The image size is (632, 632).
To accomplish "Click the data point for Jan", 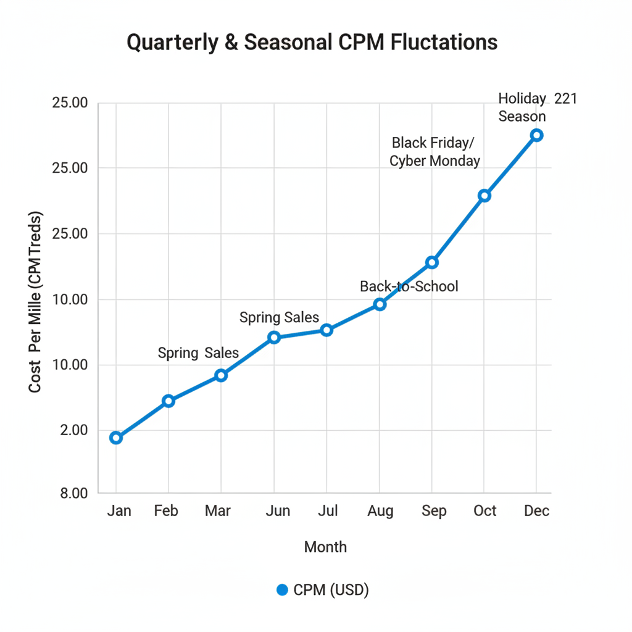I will click(115, 438).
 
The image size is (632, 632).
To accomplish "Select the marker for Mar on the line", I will click(221, 375).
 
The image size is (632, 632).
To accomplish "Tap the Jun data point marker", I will click(274, 337).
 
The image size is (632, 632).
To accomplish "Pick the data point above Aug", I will click(380, 304).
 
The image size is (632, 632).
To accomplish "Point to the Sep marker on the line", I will click(432, 262).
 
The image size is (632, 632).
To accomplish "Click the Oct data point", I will click(484, 196).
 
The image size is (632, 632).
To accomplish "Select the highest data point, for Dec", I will click(537, 135).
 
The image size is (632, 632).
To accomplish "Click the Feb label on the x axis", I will click(166, 511).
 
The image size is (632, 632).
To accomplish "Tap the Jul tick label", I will click(328, 511).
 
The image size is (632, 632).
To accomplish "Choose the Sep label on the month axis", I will click(434, 511).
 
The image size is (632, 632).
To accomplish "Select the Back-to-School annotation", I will click(409, 286).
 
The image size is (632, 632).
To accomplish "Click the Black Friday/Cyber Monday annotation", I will click(434, 152).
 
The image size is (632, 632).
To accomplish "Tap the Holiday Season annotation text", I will click(522, 107).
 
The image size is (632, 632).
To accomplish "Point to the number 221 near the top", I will click(565, 99).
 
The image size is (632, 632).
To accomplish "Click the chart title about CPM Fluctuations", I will click(312, 43).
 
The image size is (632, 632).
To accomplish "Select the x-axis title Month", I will click(325, 547).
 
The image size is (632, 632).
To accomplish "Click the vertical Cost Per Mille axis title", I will click(36, 302).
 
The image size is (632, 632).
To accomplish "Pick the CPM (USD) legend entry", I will click(323, 590).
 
